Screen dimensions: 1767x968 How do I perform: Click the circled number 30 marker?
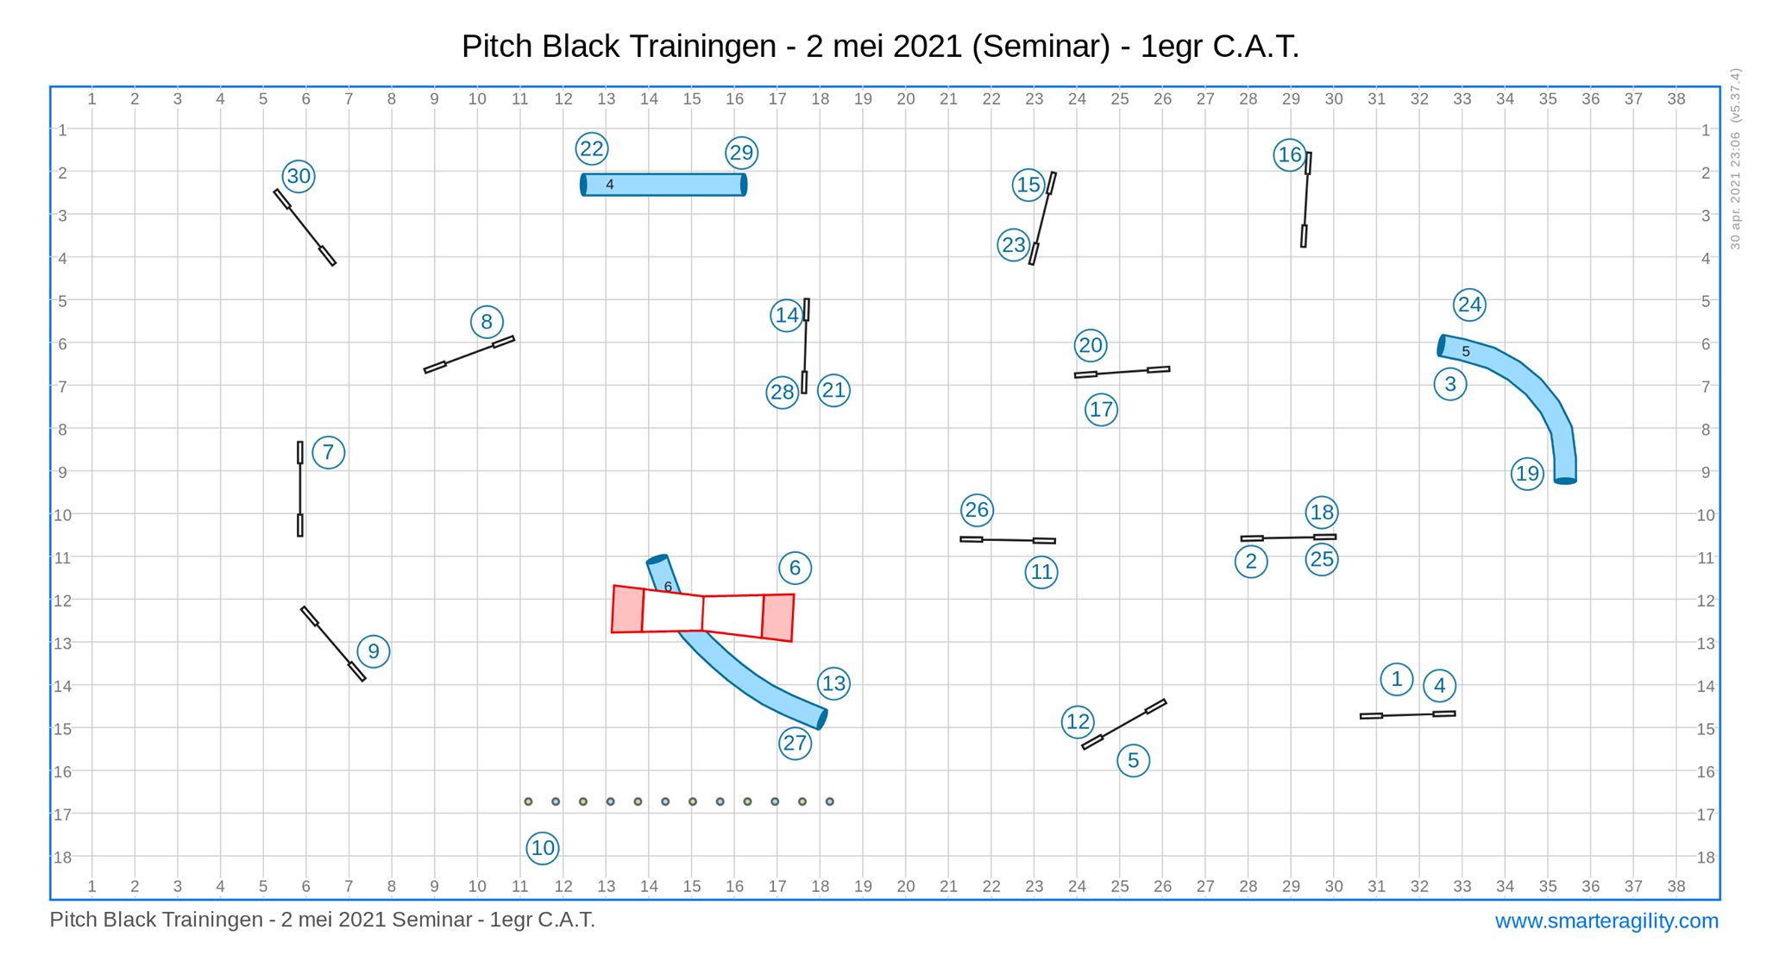(x=299, y=176)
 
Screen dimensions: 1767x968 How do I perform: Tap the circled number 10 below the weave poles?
(x=543, y=848)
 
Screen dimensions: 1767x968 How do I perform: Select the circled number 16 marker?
(x=1289, y=154)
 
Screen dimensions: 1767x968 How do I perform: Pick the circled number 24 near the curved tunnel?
(x=1469, y=305)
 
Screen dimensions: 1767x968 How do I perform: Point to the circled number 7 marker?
(x=328, y=452)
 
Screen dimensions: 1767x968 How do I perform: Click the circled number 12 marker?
(x=1078, y=721)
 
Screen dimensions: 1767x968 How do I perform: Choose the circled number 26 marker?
(x=977, y=510)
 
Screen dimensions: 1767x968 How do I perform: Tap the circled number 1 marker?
(x=1396, y=679)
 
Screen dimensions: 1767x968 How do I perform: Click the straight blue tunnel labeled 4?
(x=663, y=185)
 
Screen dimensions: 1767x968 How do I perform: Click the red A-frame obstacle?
(x=703, y=613)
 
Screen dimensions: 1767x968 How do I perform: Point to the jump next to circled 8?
(x=469, y=355)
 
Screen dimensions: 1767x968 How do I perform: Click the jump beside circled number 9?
(x=333, y=644)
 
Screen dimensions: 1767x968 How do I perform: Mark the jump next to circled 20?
(x=1122, y=372)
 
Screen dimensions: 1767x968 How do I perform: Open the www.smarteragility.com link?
(x=1607, y=921)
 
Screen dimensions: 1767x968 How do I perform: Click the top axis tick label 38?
(x=1676, y=99)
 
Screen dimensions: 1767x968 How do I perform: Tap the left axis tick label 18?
(x=62, y=858)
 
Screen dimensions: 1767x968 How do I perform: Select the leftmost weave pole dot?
(x=528, y=801)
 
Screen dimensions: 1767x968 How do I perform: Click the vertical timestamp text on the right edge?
(x=1735, y=159)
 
